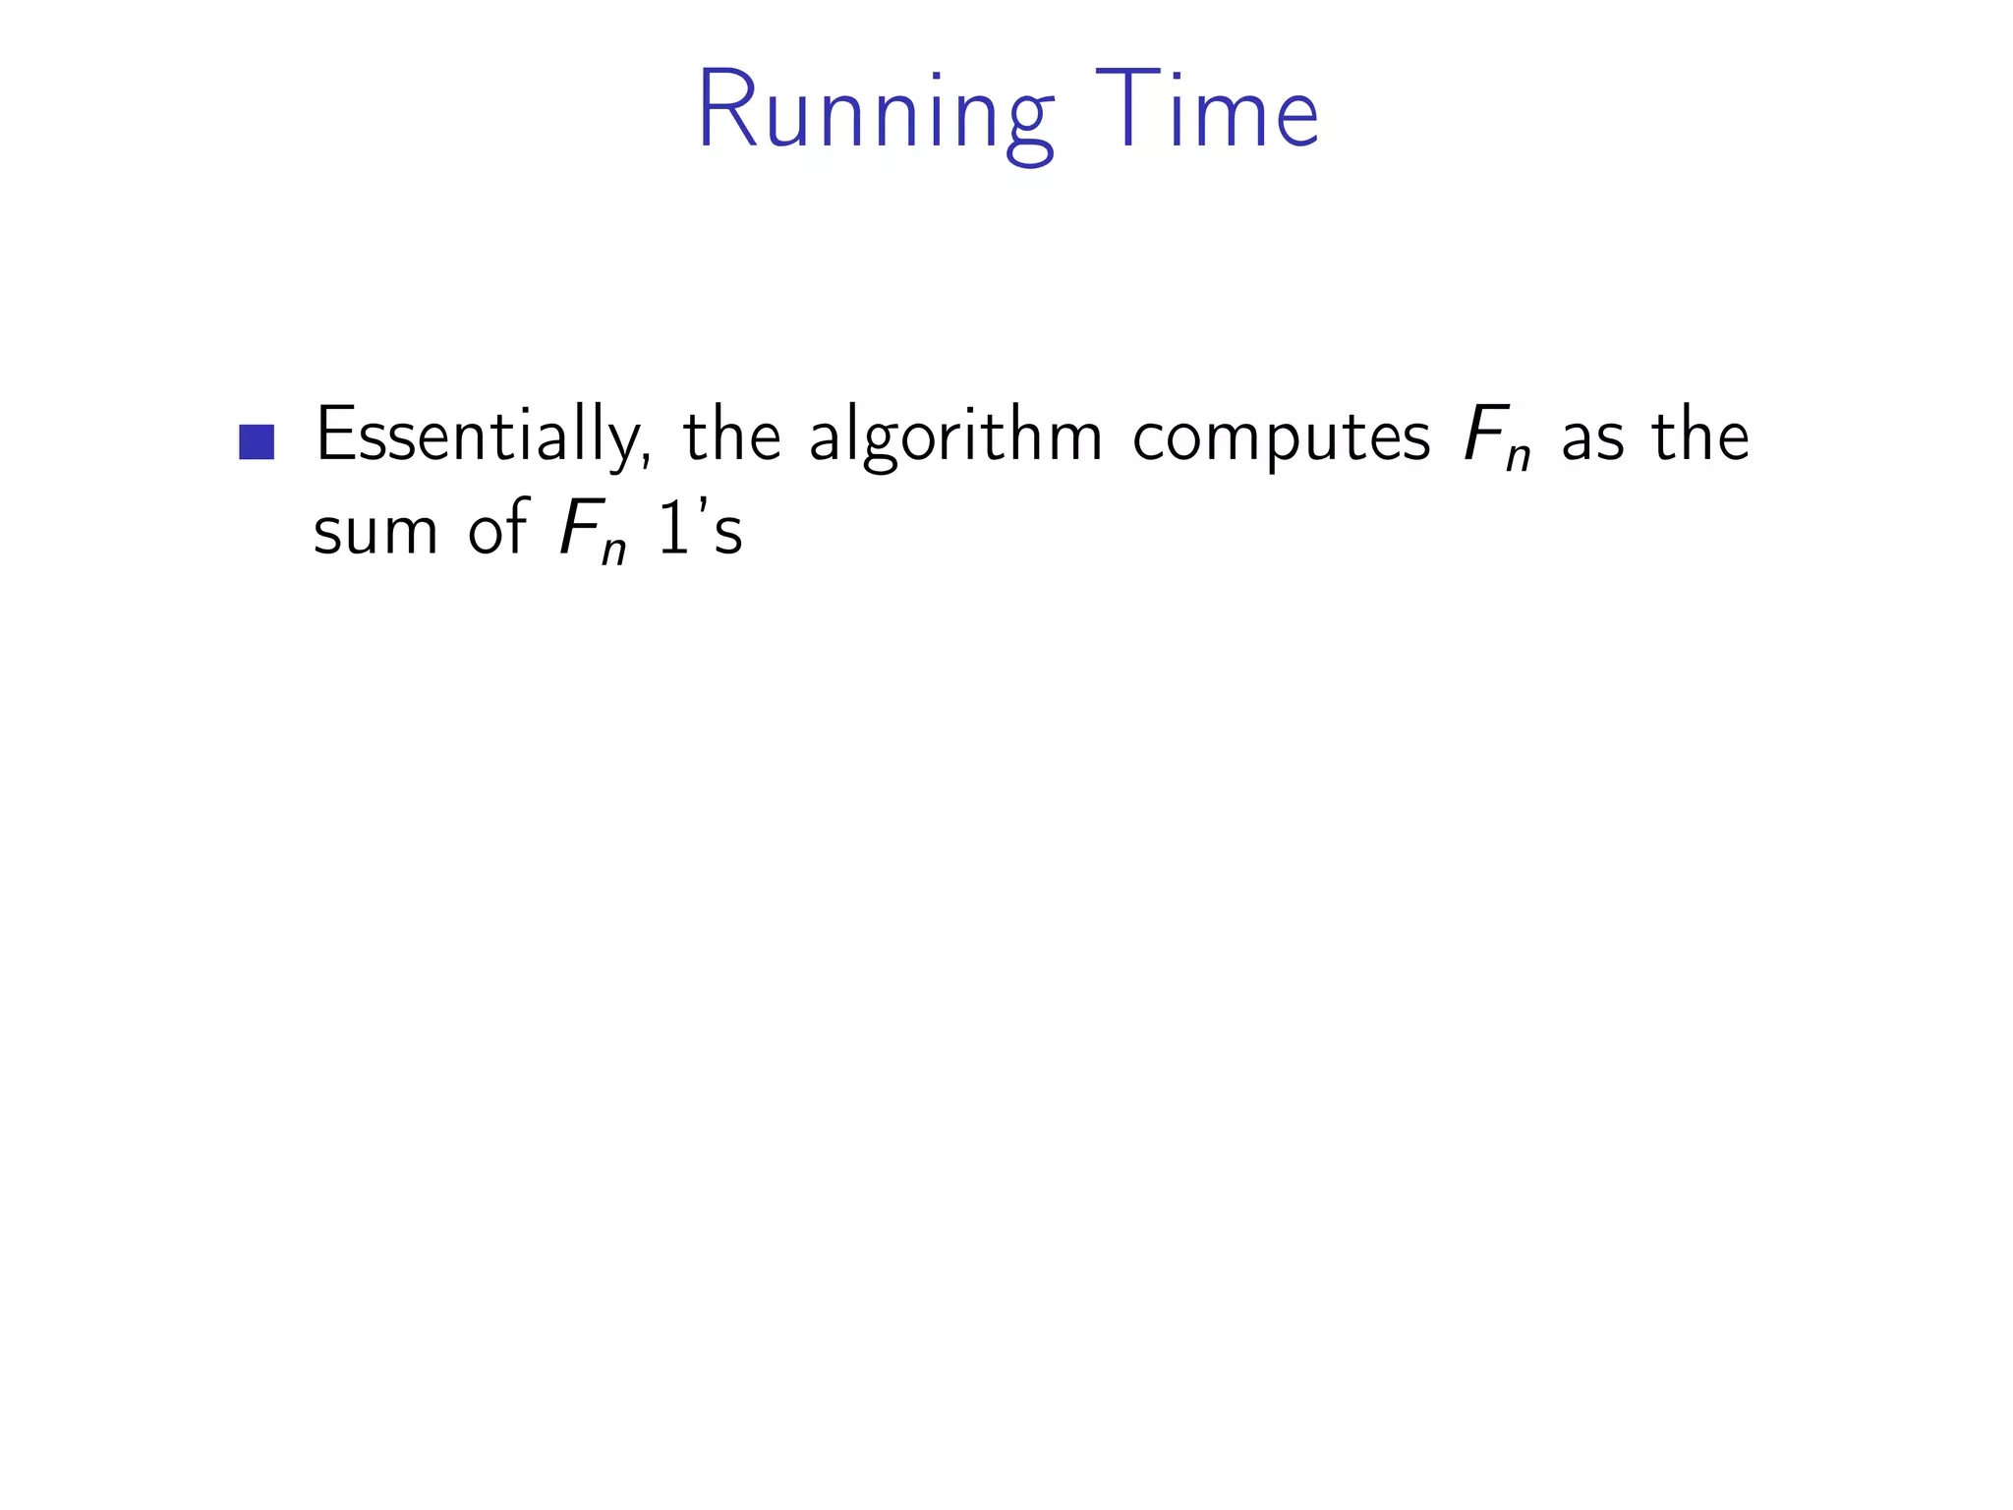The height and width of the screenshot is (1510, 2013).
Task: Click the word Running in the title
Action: tap(876, 112)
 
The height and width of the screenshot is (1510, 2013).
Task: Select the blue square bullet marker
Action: tap(257, 442)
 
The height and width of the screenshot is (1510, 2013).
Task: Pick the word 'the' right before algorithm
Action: tap(732, 435)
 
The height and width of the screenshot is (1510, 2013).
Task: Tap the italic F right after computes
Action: tap(1484, 434)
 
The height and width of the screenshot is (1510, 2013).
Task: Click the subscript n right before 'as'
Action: tap(1519, 457)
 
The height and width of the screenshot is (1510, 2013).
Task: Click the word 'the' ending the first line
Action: tap(1700, 435)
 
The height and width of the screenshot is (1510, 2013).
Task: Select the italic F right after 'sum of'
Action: tap(580, 528)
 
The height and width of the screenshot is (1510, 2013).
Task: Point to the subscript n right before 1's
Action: tap(614, 552)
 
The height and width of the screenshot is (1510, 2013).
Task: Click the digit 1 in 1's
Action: tap(673, 529)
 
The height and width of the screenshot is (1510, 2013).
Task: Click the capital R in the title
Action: tap(728, 110)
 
